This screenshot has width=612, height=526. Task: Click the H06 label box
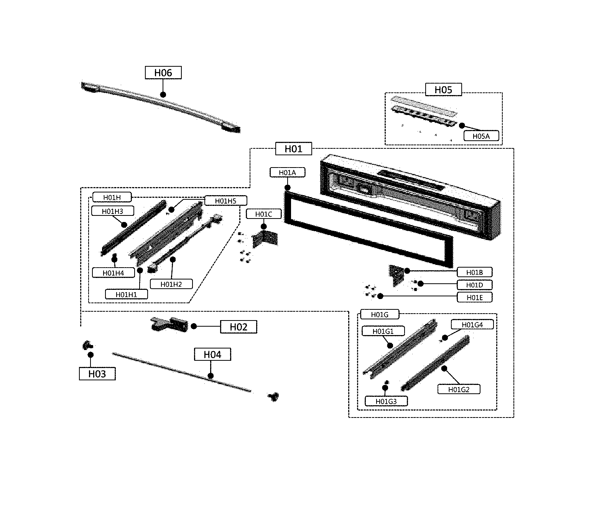pyautogui.click(x=163, y=72)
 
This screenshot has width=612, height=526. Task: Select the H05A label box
pyautogui.click(x=481, y=136)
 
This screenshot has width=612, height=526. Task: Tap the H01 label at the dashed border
pyautogui.click(x=293, y=149)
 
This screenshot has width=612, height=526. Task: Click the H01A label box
pyautogui.click(x=287, y=173)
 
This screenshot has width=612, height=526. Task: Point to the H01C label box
pyautogui.click(x=264, y=214)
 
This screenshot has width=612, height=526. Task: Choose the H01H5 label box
pyautogui.click(x=225, y=201)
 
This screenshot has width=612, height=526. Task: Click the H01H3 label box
pyautogui.click(x=112, y=211)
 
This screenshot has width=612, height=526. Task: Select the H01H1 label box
pyautogui.click(x=126, y=294)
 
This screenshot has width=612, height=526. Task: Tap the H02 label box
pyautogui.click(x=239, y=327)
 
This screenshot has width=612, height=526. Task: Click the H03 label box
pyautogui.click(x=97, y=374)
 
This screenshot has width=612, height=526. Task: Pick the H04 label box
pyautogui.click(x=212, y=355)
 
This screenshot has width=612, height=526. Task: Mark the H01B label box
pyautogui.click(x=474, y=273)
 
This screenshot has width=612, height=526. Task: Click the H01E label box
pyautogui.click(x=474, y=298)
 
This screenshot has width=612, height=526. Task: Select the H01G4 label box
pyautogui.click(x=472, y=325)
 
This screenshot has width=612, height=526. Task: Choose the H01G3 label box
pyautogui.click(x=386, y=401)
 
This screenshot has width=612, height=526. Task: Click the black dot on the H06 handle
pyautogui.click(x=163, y=94)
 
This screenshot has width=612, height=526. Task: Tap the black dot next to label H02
pyautogui.click(x=194, y=326)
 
